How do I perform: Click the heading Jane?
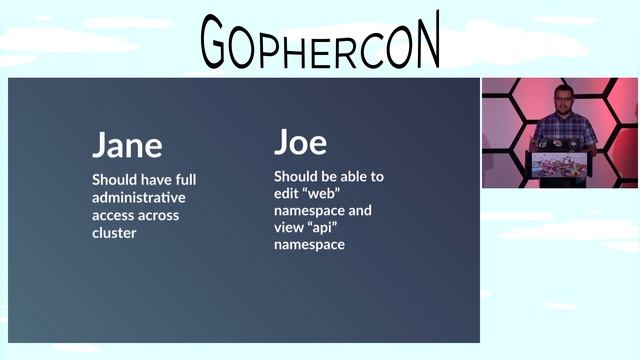[127, 145]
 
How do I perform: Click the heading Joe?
[300, 141]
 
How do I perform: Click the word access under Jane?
[115, 214]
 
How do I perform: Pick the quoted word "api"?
[322, 227]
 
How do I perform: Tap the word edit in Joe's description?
[286, 193]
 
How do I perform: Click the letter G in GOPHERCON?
[221, 44]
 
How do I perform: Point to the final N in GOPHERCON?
[423, 42]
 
